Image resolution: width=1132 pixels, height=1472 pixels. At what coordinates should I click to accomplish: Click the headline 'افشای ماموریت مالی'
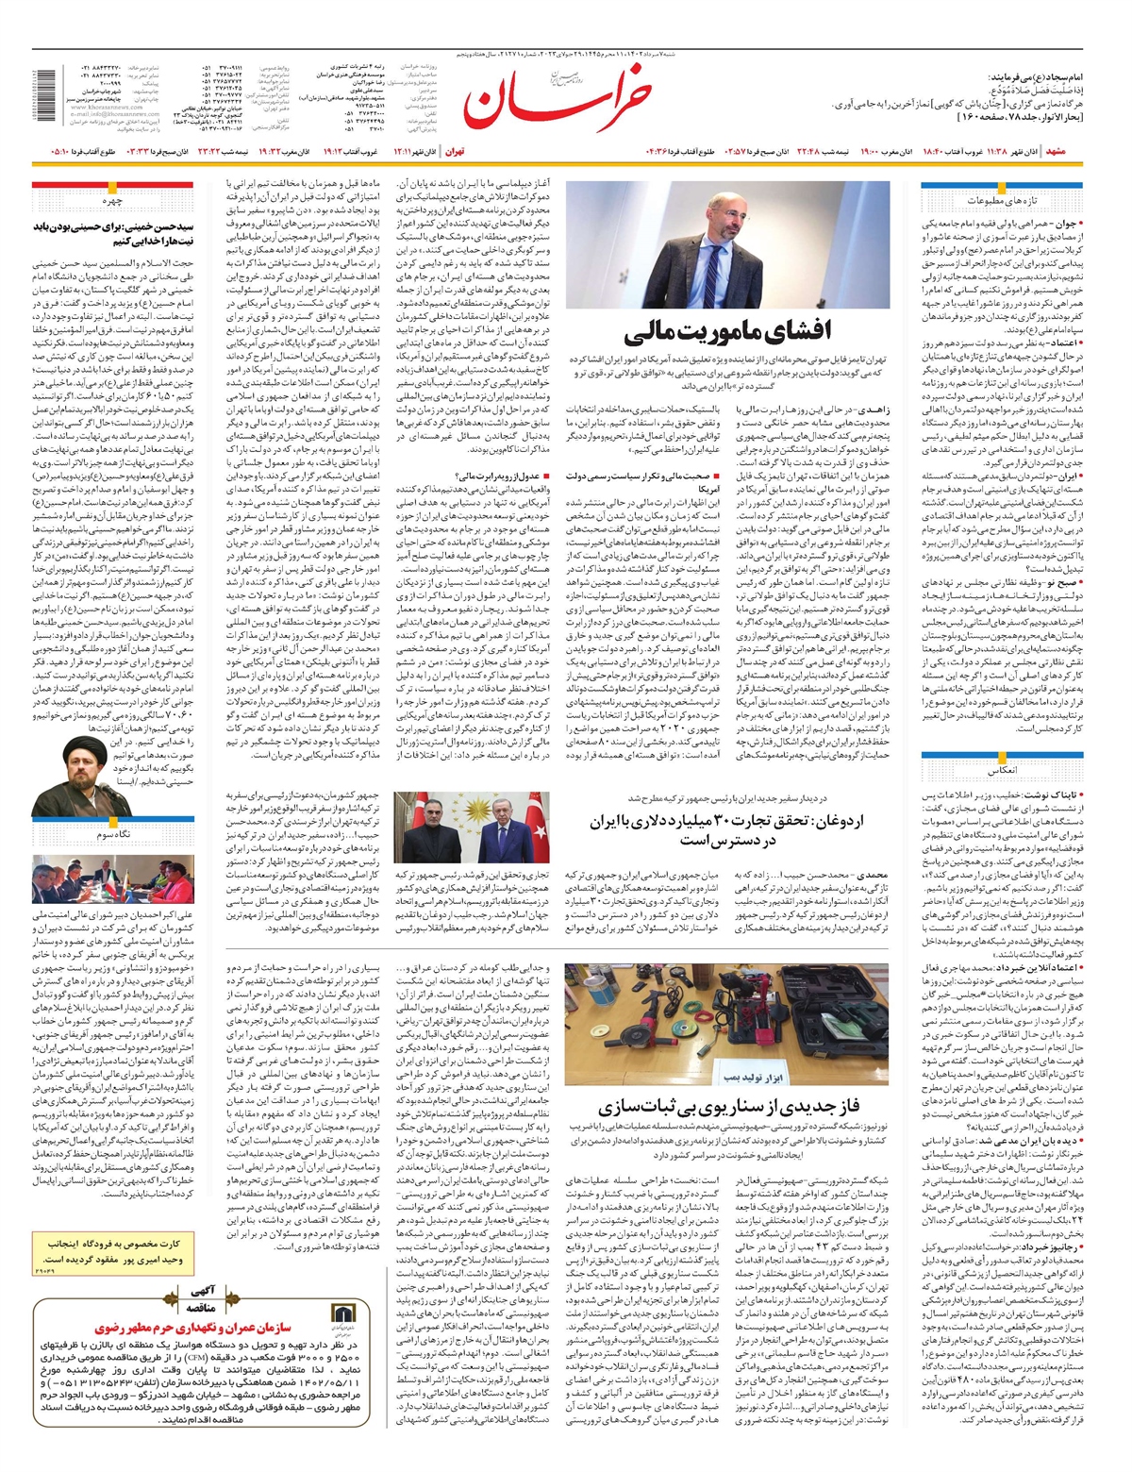coord(727,331)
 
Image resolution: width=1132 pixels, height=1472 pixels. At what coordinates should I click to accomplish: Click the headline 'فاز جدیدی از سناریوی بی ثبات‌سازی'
coord(726,1107)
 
